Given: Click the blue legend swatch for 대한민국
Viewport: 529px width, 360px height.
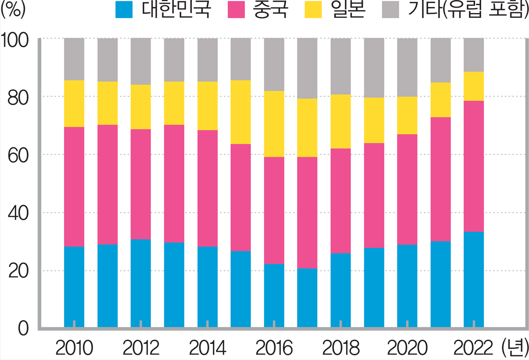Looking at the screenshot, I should tap(124, 10).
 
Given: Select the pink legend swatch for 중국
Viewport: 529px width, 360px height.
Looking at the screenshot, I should tap(236, 10).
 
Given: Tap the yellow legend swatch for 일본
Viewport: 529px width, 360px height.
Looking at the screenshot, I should tap(313, 10).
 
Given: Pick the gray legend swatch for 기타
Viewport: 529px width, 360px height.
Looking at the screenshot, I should tap(390, 10).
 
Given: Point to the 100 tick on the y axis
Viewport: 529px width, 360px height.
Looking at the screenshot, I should tap(15, 40).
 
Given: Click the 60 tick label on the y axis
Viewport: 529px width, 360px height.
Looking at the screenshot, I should tap(18, 156).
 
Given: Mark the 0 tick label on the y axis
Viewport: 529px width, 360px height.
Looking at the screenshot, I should tap(23, 329).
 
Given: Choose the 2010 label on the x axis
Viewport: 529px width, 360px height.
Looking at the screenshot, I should tap(74, 348).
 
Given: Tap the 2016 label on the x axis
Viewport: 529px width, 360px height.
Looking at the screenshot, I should tap(274, 348).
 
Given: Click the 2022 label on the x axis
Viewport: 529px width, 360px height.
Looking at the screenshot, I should tap(473, 348).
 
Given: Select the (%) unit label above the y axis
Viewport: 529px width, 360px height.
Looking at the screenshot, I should tap(13, 10).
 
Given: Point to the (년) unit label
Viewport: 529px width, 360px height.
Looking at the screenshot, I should tap(515, 348).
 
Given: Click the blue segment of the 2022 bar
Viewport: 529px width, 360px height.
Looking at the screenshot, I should tap(474, 279).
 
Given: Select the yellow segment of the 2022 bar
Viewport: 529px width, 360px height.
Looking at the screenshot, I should tap(474, 86).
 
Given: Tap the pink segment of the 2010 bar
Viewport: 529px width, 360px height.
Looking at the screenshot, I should tap(74, 187).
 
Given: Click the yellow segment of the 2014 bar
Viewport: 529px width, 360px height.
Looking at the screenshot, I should tap(207, 106).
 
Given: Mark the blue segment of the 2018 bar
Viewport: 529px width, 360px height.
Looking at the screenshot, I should tap(340, 290).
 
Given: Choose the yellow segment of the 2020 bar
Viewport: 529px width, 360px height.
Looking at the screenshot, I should tap(407, 115).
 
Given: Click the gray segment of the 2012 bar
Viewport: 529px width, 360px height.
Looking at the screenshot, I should tap(141, 61).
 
